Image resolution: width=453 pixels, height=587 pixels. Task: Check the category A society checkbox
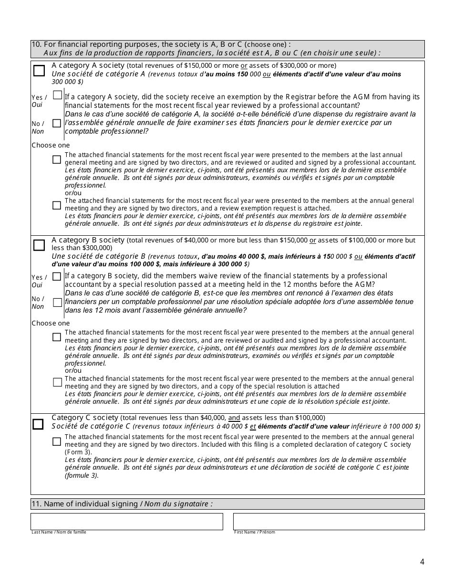[39, 71]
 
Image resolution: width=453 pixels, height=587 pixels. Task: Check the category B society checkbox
[39, 245]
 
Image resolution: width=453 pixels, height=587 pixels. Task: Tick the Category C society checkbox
[38, 424]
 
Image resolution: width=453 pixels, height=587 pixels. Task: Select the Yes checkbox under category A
[57, 95]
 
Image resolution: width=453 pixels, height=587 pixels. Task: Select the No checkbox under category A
[57, 123]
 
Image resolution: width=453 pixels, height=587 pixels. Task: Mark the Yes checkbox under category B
[57, 276]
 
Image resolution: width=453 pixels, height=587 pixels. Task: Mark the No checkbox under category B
[57, 303]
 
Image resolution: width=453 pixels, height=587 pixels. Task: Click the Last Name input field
[127, 521]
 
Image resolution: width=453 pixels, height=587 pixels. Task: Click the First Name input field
[329, 521]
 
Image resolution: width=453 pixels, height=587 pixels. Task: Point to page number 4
[422, 562]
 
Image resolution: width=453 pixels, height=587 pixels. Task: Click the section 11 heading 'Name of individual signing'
[122, 504]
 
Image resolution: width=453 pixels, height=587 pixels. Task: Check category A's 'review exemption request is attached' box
[57, 206]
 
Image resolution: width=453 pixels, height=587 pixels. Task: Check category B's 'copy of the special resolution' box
[57, 382]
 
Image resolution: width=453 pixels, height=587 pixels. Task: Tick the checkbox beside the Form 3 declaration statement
[57, 441]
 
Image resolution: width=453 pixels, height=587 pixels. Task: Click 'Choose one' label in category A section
[51, 145]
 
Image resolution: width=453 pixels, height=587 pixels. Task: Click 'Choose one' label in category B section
[51, 323]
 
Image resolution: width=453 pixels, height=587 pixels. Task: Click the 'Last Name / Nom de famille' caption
[59, 532]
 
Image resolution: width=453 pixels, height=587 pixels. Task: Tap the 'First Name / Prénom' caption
[254, 532]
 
